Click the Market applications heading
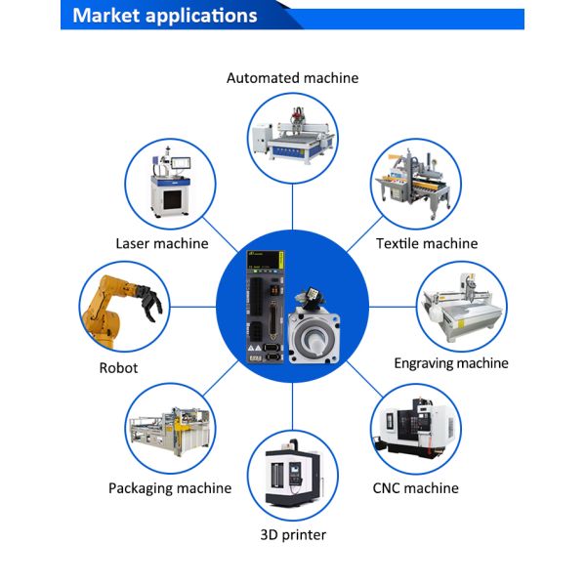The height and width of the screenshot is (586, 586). [165, 16]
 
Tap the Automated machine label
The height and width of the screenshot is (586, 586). [292, 78]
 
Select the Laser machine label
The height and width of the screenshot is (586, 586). [162, 243]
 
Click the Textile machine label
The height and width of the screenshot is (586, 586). [427, 243]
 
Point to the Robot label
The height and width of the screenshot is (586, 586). [118, 368]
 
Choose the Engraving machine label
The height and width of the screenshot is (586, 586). [451, 363]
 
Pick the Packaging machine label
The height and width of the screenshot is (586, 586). [170, 488]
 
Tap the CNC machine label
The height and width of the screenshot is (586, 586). [415, 488]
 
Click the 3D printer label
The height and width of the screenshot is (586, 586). [293, 535]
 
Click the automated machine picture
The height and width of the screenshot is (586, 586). [292, 134]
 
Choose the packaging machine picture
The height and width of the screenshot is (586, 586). [171, 427]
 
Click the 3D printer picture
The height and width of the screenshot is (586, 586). [292, 476]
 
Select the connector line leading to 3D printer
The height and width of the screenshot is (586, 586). [292, 404]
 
